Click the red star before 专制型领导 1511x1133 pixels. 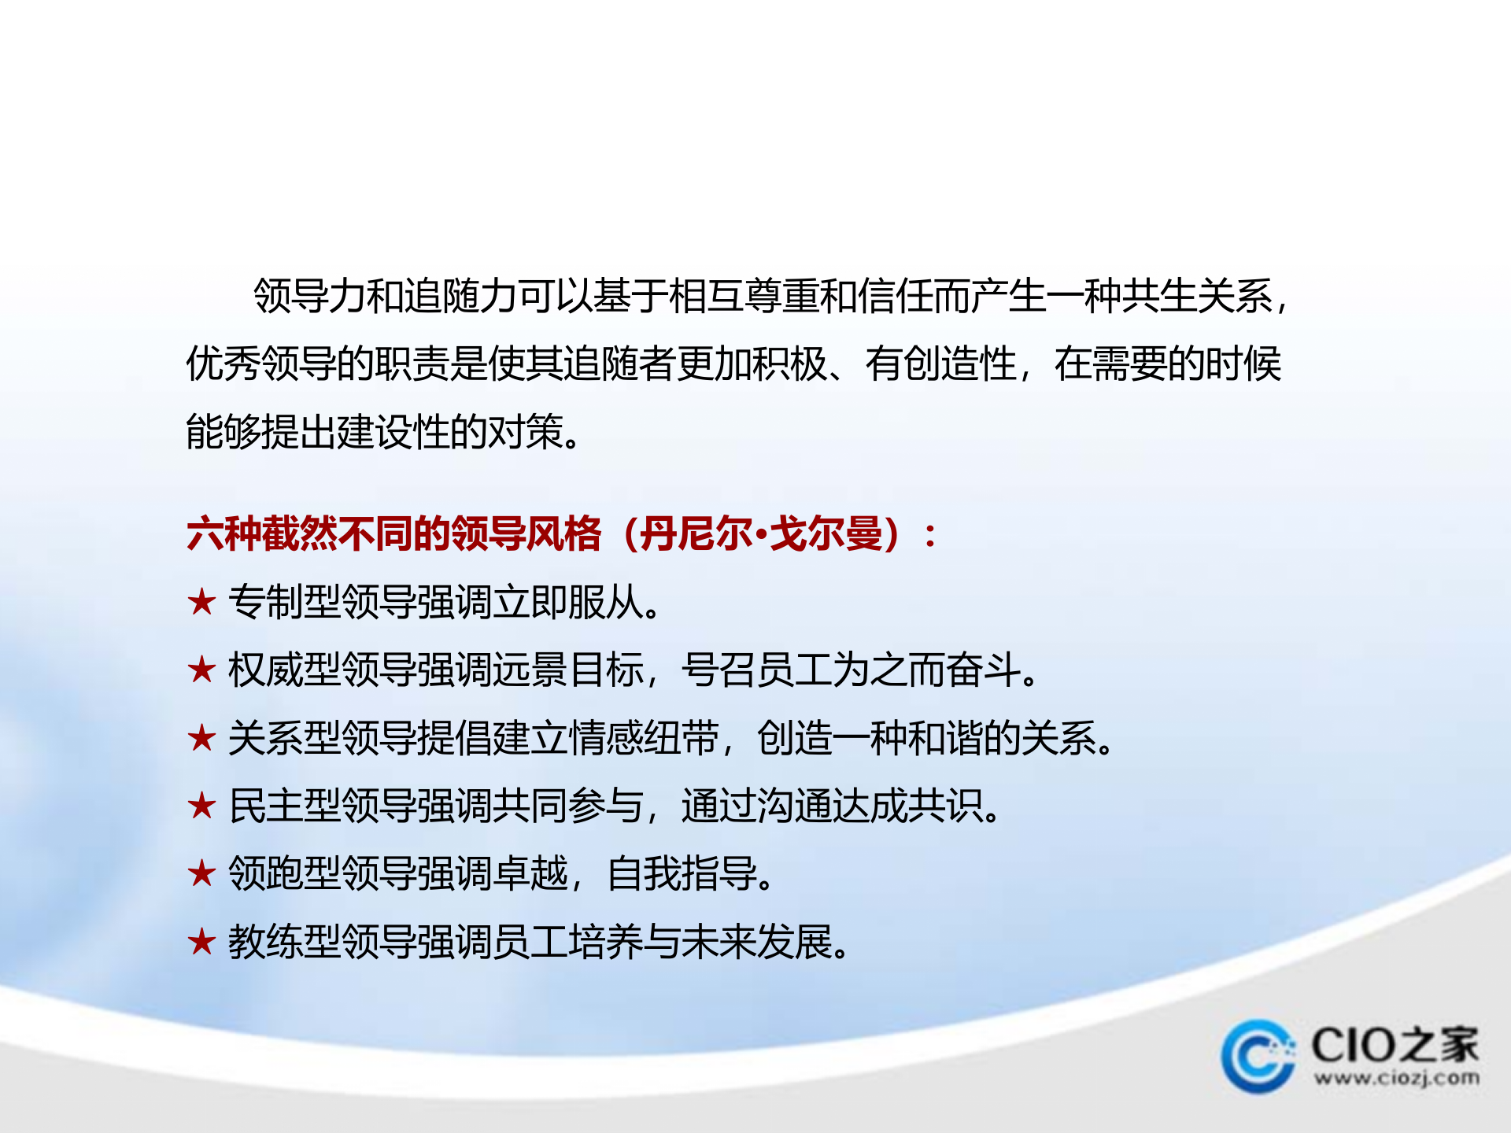201,603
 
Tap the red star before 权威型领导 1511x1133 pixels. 201,670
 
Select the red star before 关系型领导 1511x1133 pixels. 201,738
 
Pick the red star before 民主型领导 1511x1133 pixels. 201,806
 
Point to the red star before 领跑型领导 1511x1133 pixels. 201,873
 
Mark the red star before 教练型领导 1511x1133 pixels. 201,942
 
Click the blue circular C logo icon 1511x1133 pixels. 1258,1056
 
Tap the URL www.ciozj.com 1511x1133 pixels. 1396,1077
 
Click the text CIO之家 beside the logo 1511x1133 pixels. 1395,1045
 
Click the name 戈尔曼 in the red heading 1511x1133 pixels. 826,534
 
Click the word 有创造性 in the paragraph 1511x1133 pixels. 940,364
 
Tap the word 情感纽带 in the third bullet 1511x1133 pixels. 644,738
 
